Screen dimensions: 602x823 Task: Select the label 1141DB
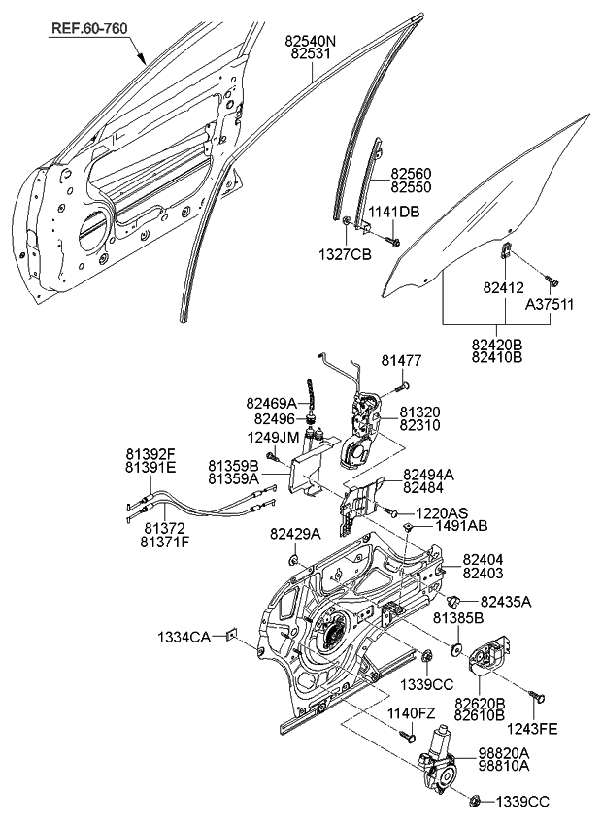393,212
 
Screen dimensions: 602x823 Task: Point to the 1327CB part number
345,254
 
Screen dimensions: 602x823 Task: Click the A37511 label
549,304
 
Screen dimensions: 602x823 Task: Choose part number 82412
504,287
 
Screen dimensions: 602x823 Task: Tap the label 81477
401,360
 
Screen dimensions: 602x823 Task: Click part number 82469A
271,403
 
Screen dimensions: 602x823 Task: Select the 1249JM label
273,437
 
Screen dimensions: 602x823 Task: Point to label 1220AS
442,512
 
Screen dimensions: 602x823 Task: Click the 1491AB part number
461,525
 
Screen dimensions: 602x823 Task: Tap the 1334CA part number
184,638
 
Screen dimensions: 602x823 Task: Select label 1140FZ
412,713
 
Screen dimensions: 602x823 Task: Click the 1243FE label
532,729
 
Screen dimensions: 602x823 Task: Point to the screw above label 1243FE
537,695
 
